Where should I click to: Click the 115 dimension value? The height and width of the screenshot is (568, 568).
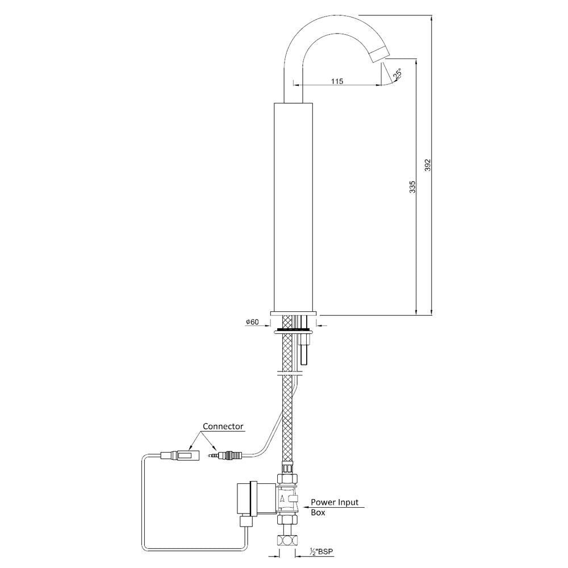337,81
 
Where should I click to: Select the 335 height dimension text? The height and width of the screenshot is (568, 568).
413,187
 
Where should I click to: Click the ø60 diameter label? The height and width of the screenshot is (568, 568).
252,322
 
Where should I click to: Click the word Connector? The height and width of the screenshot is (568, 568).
224,426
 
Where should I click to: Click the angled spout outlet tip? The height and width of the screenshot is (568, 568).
378,55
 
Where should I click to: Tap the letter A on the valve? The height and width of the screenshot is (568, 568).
283,499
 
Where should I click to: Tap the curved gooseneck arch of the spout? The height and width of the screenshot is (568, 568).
318,28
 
